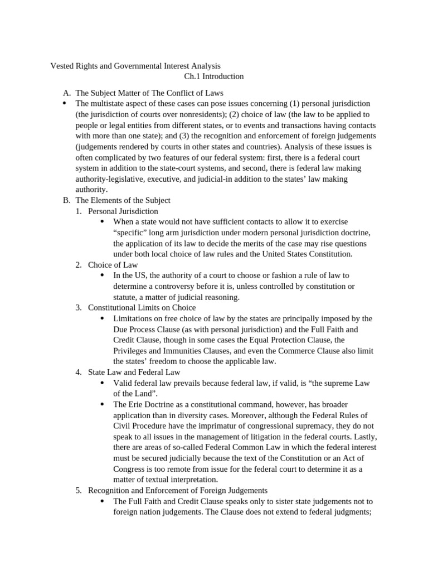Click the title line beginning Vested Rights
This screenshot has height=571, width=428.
[135, 66]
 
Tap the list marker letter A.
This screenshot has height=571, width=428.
[66, 93]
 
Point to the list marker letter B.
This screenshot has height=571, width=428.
[66, 200]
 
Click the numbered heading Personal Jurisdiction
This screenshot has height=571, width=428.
[123, 211]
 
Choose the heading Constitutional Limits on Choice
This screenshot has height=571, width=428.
[142, 307]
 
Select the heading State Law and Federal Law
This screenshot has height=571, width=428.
[134, 372]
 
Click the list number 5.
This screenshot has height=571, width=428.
[79, 490]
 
